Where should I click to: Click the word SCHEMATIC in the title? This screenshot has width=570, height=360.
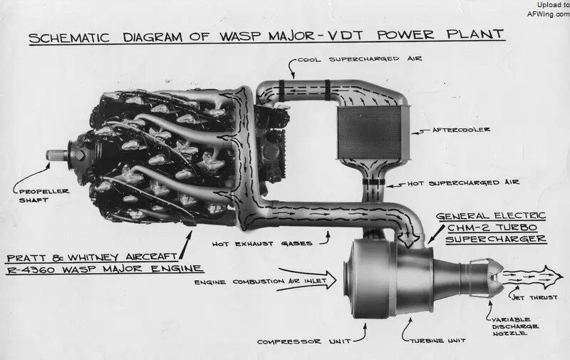(69, 38)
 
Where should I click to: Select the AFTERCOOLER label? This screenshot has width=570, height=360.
(461, 130)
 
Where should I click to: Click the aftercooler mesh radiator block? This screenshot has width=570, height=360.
(370, 133)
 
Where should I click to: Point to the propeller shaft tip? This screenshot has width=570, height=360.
(48, 155)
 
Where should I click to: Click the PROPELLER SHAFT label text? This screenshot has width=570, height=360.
(43, 195)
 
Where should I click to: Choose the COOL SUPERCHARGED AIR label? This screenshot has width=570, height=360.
(360, 59)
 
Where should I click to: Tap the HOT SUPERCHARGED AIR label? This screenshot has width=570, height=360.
(463, 182)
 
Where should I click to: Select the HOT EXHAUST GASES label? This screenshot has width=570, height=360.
(262, 244)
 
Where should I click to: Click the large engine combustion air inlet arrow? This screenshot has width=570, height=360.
(307, 279)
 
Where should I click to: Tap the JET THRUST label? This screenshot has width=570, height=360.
(534, 297)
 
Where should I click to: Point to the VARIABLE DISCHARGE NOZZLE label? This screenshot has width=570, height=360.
(514, 326)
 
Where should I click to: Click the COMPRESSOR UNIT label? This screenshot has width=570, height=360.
(304, 341)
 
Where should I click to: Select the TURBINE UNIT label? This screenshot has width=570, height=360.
(437, 341)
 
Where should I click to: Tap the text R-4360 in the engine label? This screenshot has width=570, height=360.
(31, 269)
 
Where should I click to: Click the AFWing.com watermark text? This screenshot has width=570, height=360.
(549, 14)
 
